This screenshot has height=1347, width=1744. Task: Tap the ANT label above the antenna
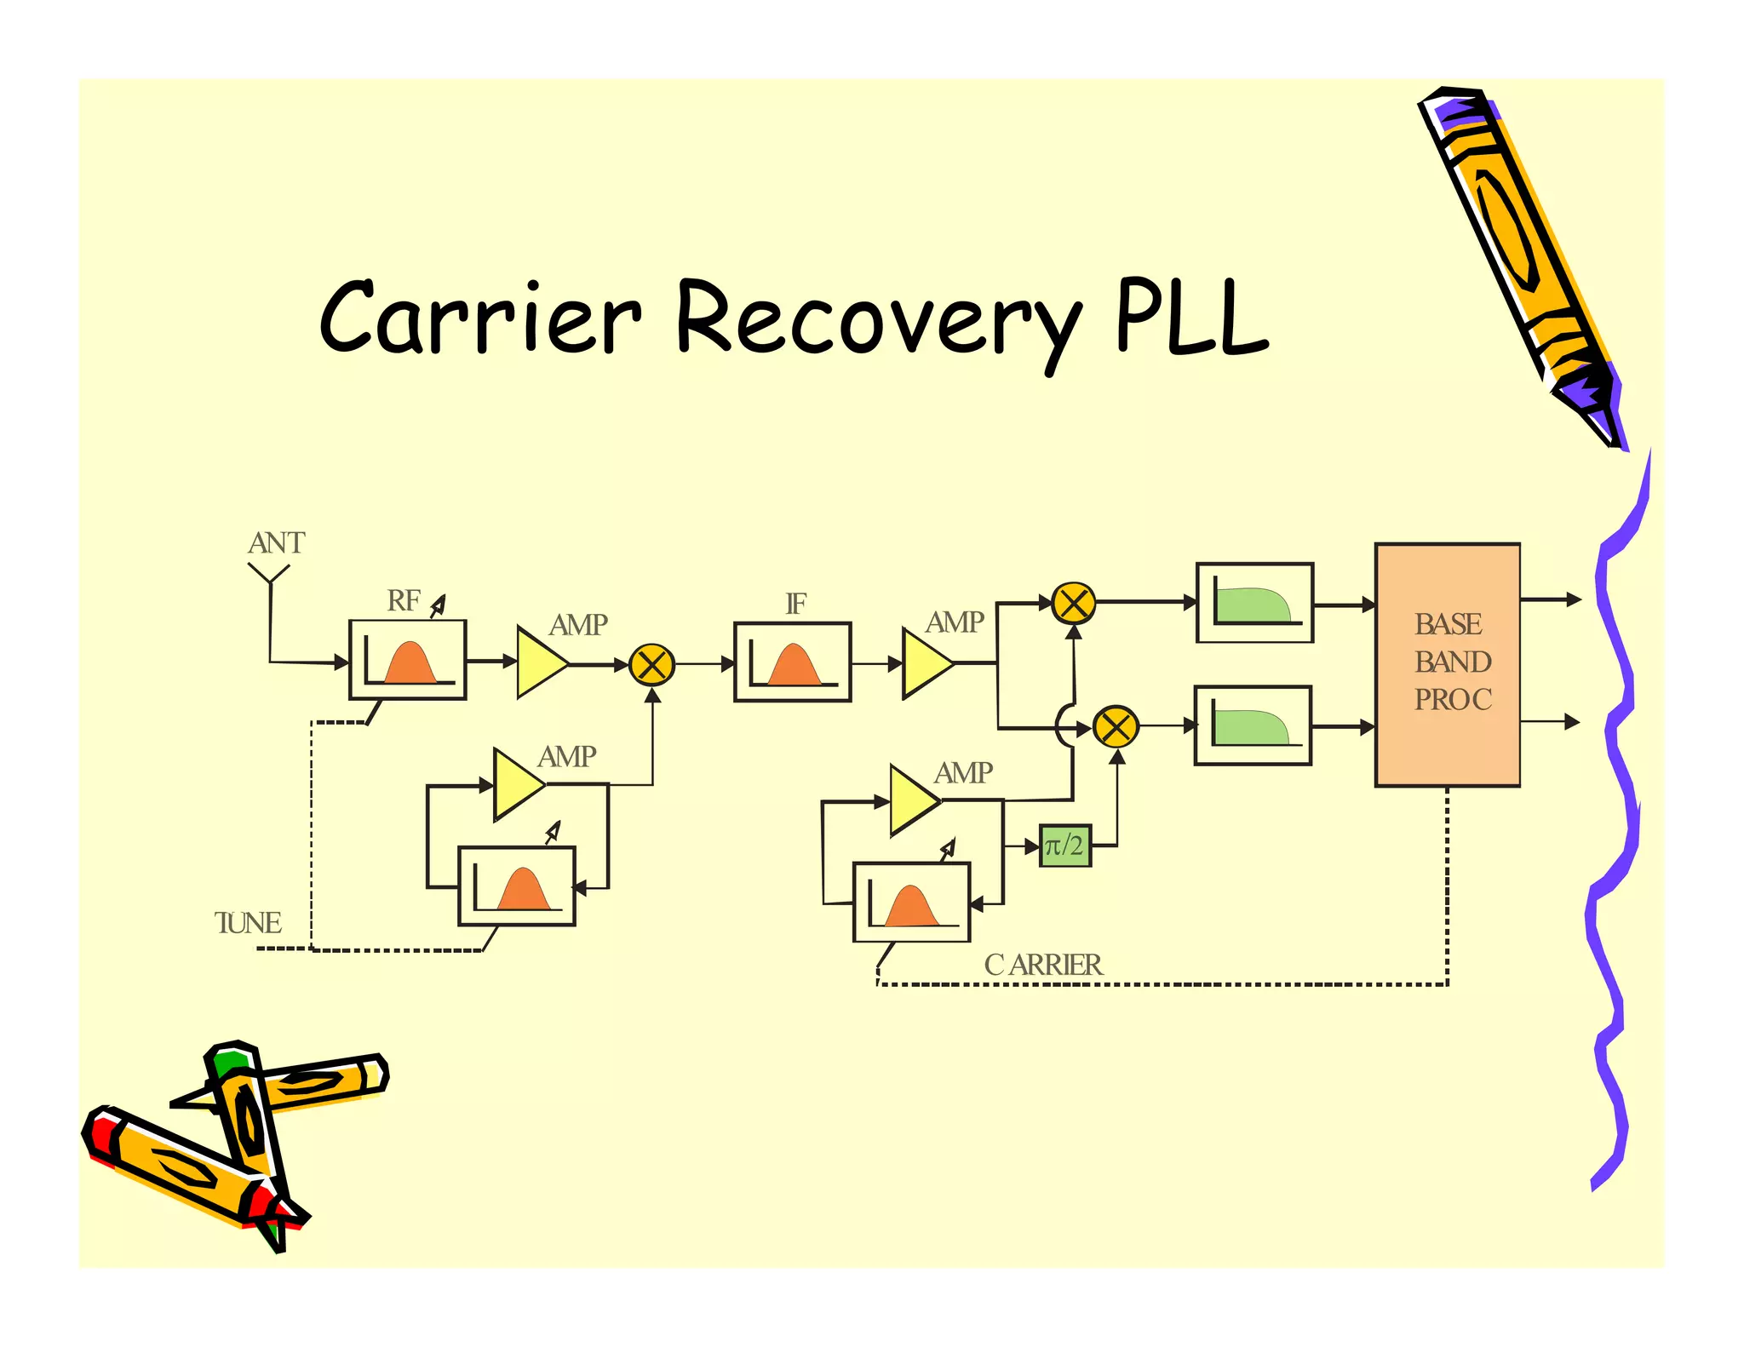[x=276, y=543]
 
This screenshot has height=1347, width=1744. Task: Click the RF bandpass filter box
[x=408, y=660]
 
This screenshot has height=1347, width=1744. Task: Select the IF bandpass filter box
[x=792, y=662]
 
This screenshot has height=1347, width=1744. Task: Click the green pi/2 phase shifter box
[x=1064, y=845]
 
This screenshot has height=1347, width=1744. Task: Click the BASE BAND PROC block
[x=1447, y=664]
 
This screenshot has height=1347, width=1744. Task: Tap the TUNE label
[x=247, y=923]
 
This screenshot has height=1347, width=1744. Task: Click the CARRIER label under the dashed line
[x=1042, y=965]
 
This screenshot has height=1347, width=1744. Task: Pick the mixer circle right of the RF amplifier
[x=651, y=665]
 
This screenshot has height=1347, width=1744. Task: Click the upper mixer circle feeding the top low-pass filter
[x=1073, y=604]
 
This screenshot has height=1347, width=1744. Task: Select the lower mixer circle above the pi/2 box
[x=1115, y=727]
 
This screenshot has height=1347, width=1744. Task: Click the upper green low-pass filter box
[x=1254, y=603]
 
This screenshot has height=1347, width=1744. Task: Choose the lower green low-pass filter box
[x=1253, y=725]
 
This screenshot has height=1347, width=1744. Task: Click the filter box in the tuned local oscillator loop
[x=516, y=886]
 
